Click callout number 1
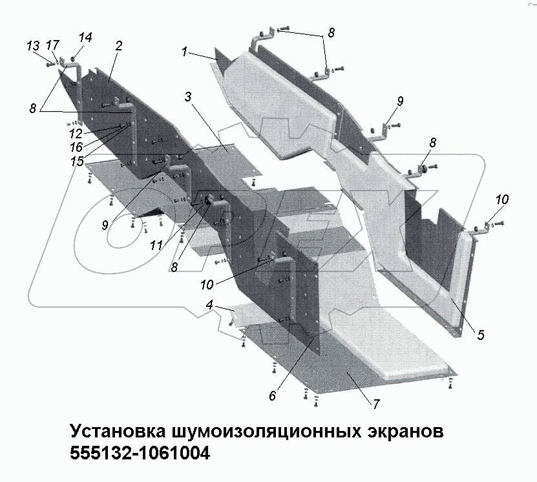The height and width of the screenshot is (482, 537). point(185,52)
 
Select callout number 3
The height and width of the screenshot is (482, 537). point(188,97)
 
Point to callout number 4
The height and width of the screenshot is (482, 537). point(210,303)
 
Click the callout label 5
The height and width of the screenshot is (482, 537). point(481,335)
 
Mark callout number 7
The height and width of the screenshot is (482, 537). point(375,403)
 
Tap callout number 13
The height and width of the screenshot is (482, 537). point(33,45)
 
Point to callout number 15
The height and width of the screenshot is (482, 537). point(77,161)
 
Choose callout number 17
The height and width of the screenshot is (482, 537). point(53,45)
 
